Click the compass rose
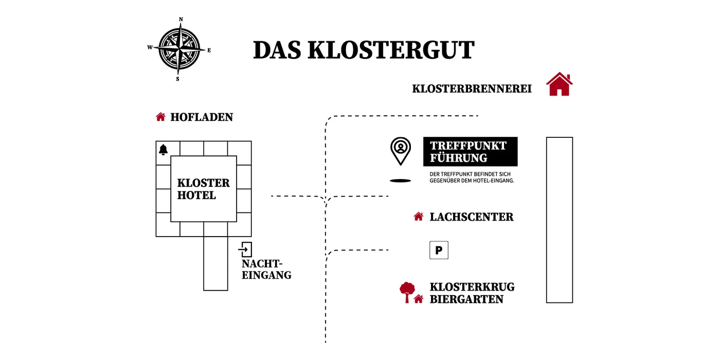[179, 49]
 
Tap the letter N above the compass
[181, 20]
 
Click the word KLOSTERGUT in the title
[391, 50]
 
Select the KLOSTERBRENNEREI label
[472, 88]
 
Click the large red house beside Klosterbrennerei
[560, 84]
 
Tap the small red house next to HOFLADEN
[160, 117]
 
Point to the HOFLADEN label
[202, 117]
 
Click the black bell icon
[164, 150]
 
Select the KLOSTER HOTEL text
[204, 189]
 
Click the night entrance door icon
[245, 249]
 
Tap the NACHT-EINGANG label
[266, 269]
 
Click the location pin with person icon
[401, 151]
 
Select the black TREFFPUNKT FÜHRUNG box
[470, 152]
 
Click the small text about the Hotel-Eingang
[472, 177]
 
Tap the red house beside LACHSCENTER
[419, 217]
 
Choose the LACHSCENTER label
[472, 217]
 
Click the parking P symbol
[439, 250]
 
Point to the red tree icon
[407, 292]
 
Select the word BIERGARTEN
[466, 299]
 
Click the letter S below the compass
[177, 79]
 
